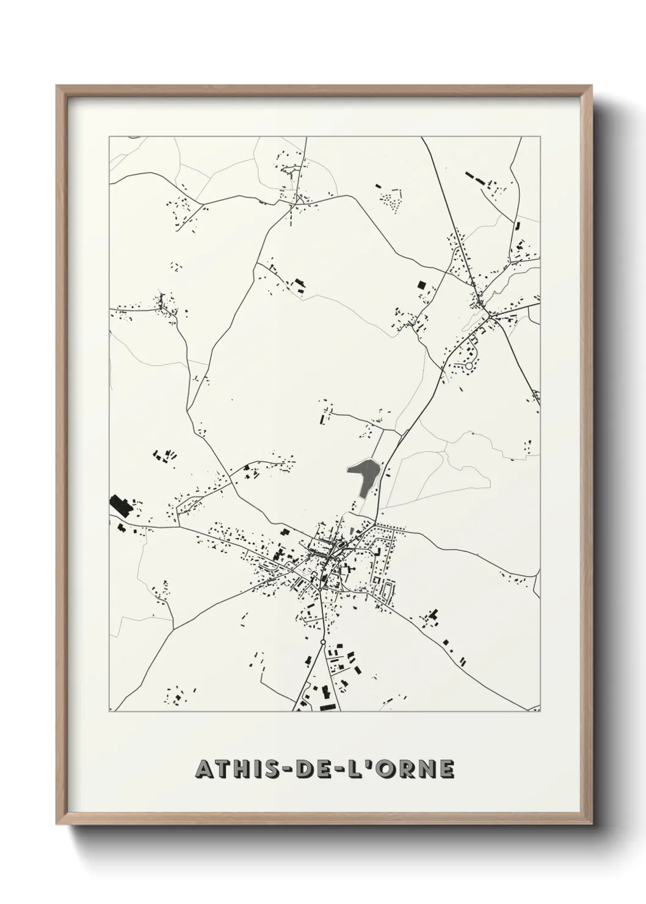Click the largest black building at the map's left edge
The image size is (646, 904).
pyautogui.click(x=120, y=505)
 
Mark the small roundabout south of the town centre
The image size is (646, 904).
pyautogui.click(x=322, y=643)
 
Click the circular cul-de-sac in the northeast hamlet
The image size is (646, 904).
pyautogui.click(x=469, y=366)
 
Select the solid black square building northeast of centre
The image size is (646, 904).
pyautogui.click(x=421, y=284)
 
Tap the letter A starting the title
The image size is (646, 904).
pyautogui.click(x=204, y=770)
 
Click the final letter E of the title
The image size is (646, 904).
pyautogui.click(x=446, y=770)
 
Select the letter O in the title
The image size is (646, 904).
pyautogui.click(x=396, y=770)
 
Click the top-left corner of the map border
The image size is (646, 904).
pyautogui.click(x=109, y=137)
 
